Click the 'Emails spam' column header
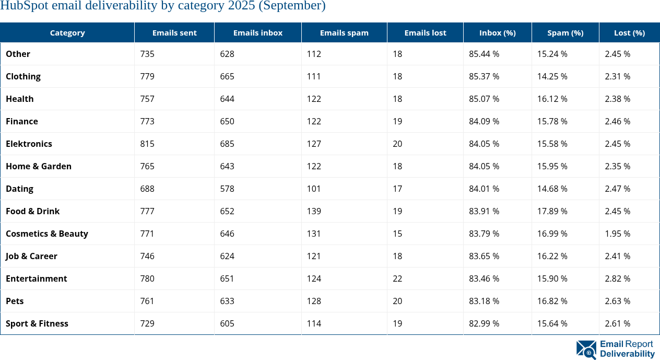pos(344,32)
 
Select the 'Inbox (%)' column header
pos(497,32)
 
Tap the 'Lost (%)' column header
pos(629,32)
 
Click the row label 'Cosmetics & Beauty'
pos(47,234)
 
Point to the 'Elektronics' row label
pos(29,144)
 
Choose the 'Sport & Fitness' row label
pos(37,323)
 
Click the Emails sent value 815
pos(147,144)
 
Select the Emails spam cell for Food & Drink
pos(314,211)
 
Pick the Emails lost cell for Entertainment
pos(397,278)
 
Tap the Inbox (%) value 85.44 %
pos(484,54)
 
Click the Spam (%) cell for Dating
pos(552,189)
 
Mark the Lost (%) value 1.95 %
pos(617,234)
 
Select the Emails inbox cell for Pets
pos(227,301)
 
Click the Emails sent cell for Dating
pos(147,189)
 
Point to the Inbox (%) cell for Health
pos(484,99)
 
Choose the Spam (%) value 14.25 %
pos(552,76)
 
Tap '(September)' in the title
pos(295,6)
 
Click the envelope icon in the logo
pos(586,350)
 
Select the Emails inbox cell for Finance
pos(227,121)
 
